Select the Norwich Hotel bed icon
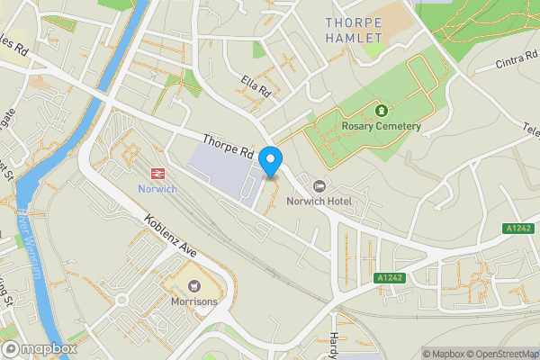(318, 185)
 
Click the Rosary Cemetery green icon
(381, 111)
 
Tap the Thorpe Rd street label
(230, 147)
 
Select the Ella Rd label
(256, 86)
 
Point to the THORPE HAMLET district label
(355, 28)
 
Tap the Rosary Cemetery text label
(381, 126)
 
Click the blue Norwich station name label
(157, 189)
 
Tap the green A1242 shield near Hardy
(389, 278)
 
